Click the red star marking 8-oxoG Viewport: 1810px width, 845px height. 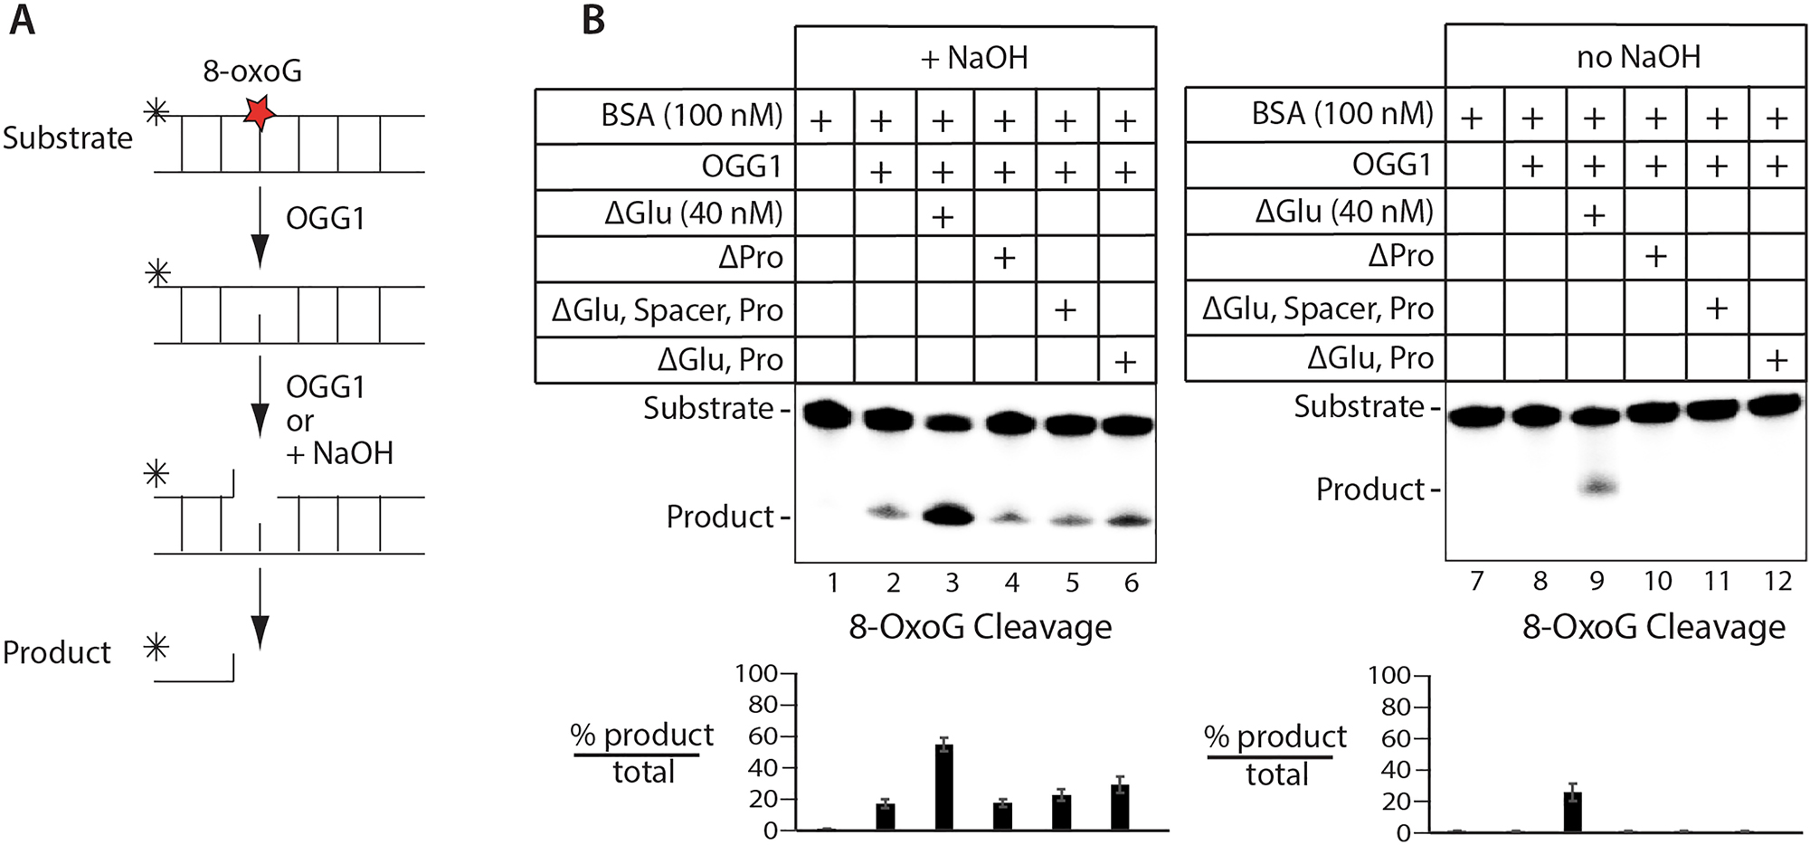[260, 112]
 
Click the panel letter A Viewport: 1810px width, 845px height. [22, 19]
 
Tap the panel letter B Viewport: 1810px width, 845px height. [593, 19]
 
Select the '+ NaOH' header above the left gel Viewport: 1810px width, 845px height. [974, 58]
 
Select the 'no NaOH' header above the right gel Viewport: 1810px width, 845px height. [1638, 57]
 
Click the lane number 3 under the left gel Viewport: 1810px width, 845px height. [952, 583]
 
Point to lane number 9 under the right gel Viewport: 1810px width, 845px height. [1597, 581]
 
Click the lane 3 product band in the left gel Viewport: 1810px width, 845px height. [947, 516]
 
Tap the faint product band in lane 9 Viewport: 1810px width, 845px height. [1597, 487]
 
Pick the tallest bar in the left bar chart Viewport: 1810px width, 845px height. [943, 786]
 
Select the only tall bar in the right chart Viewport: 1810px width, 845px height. [1573, 812]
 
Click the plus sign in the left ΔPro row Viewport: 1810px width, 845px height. [1004, 259]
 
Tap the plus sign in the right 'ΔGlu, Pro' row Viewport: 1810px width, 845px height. [1777, 360]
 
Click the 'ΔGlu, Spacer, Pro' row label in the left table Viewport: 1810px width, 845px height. [668, 310]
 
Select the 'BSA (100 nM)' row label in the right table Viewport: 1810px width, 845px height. [1342, 114]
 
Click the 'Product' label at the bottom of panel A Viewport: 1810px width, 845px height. [56, 652]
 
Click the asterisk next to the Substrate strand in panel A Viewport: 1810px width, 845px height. [157, 112]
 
